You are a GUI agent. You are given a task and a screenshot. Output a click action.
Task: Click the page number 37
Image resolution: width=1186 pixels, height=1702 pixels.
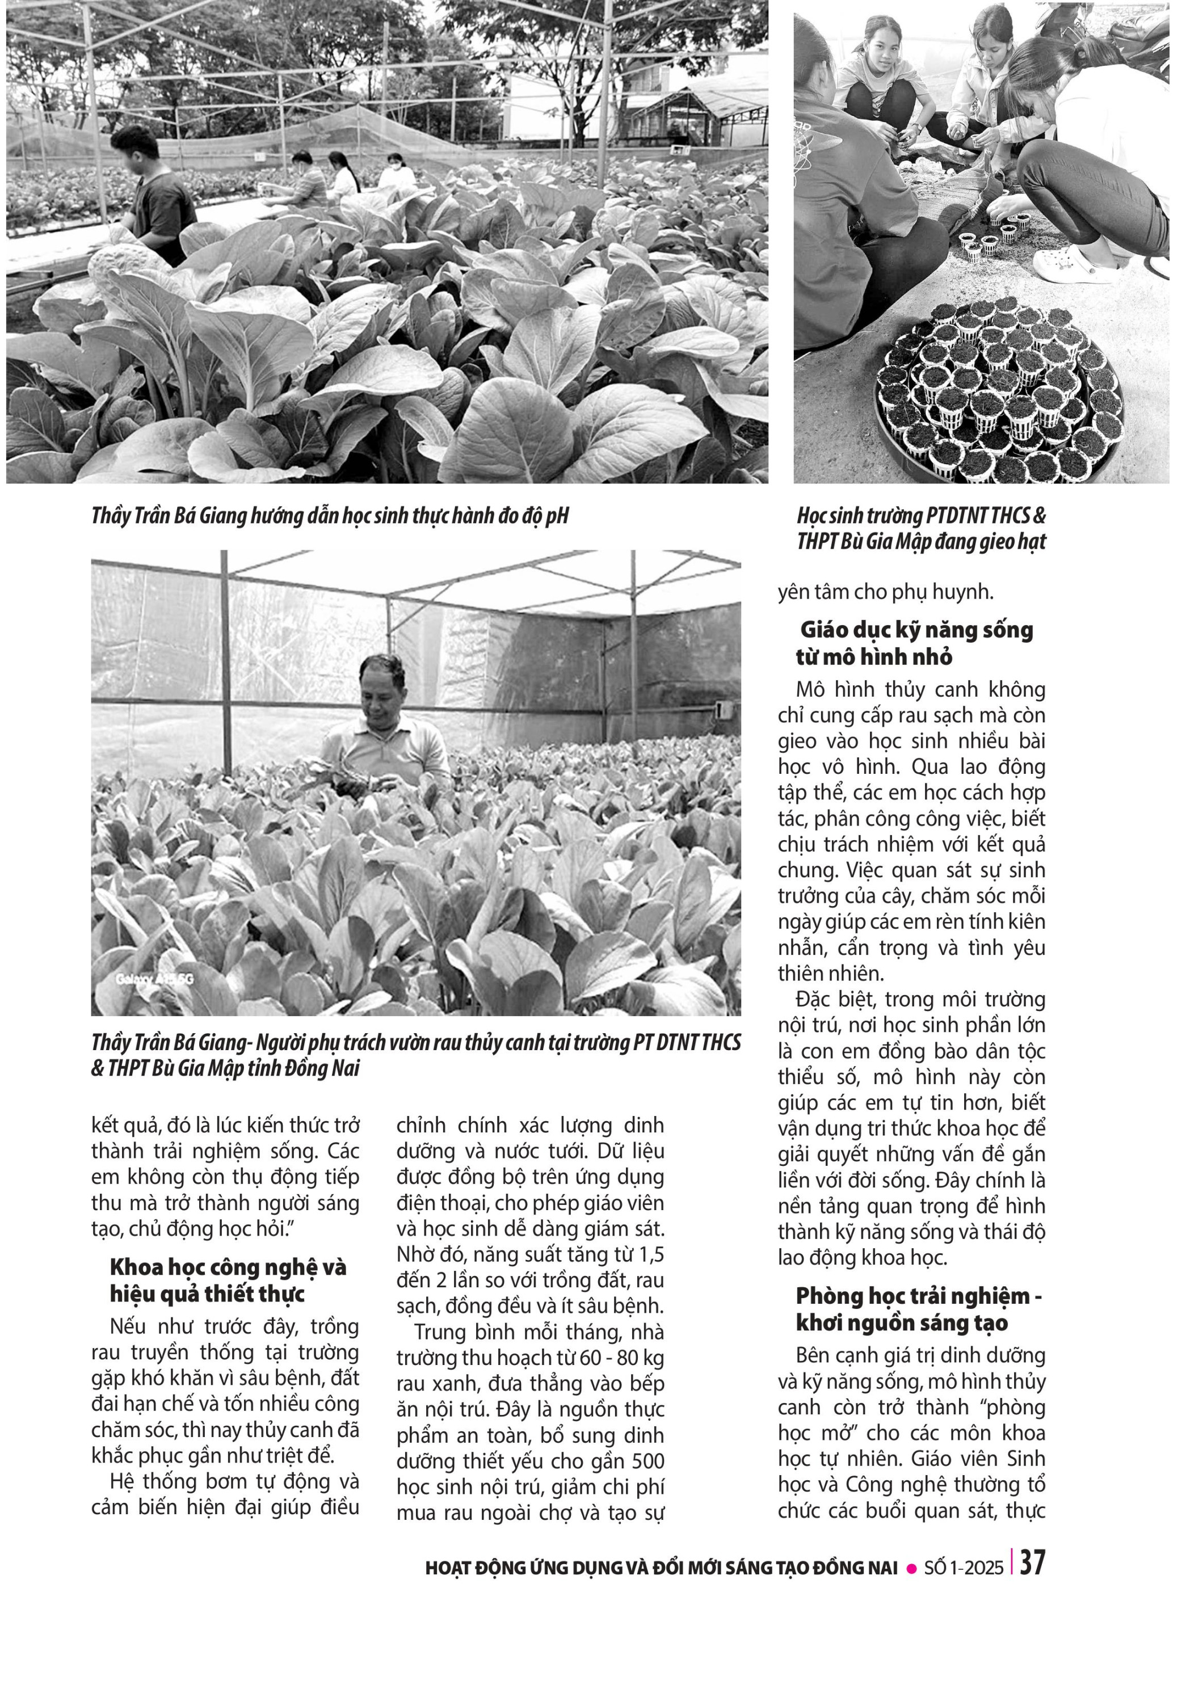[x=1033, y=1562]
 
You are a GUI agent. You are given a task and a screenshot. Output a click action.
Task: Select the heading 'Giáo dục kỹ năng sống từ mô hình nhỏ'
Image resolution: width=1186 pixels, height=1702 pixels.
[x=915, y=643]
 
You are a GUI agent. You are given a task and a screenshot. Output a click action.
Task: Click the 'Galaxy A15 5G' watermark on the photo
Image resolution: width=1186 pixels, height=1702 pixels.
[x=154, y=979]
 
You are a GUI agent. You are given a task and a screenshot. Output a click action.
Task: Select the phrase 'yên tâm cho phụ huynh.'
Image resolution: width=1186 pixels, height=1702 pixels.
[x=885, y=592]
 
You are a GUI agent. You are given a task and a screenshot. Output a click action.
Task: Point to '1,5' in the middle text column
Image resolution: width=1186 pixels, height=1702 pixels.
[x=649, y=1254]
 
